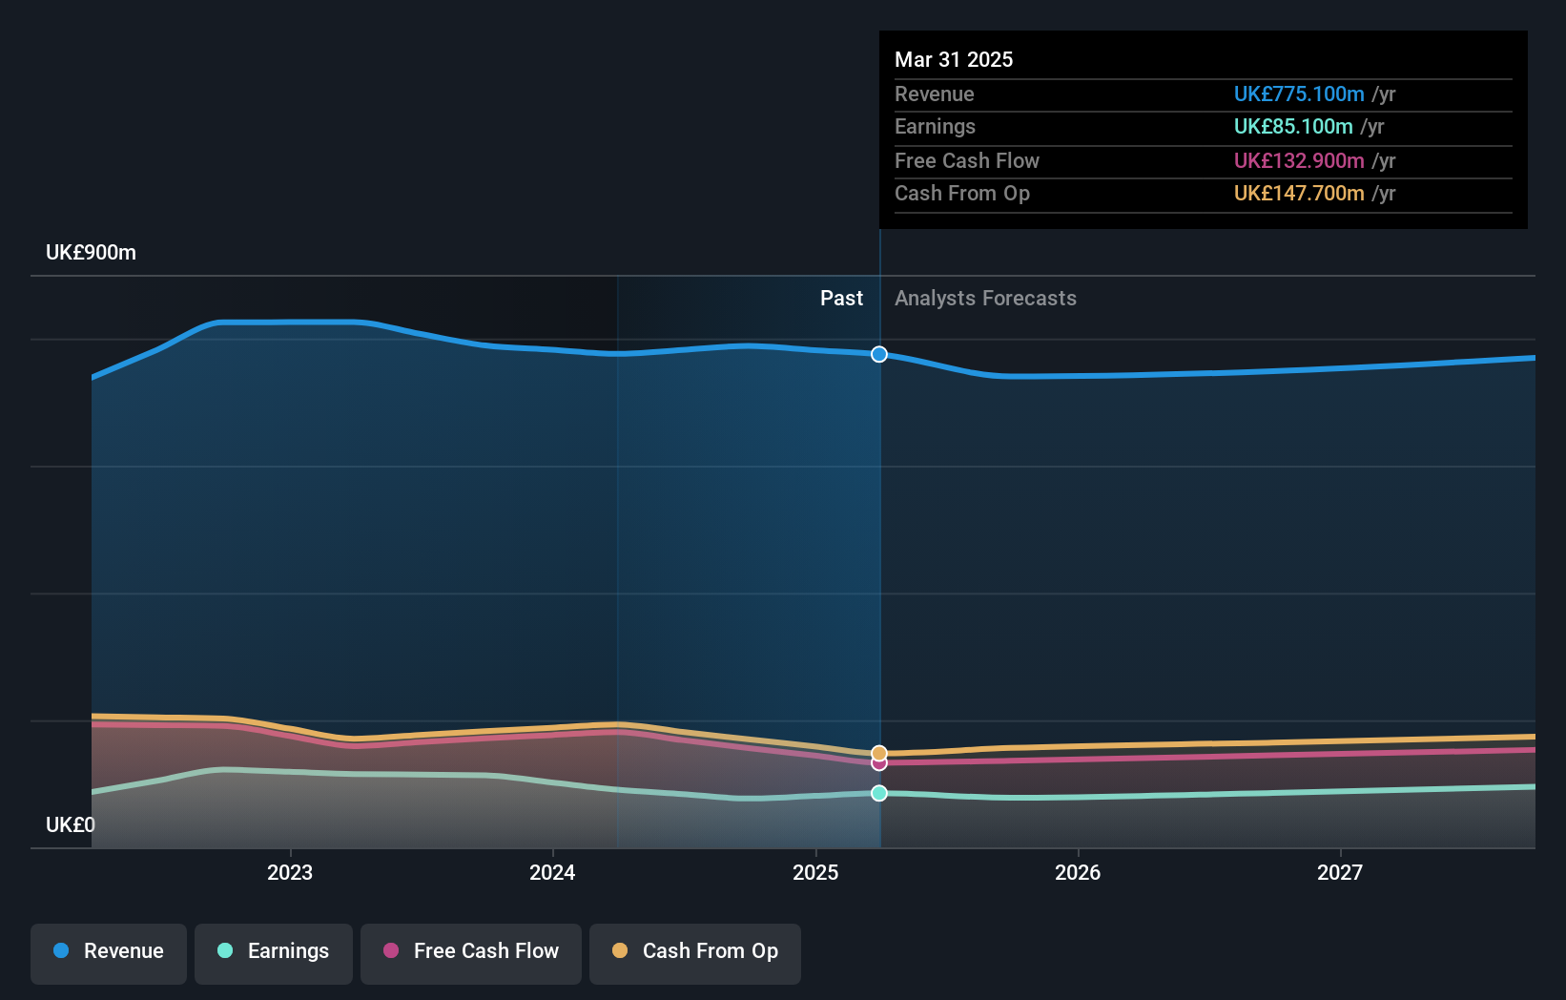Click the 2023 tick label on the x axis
click(289, 872)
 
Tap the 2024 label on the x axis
click(552, 872)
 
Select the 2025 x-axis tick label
click(815, 872)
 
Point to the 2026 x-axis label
click(1078, 872)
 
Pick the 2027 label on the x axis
click(1340, 872)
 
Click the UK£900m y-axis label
click(91, 253)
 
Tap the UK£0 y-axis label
click(70, 824)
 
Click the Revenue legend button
click(109, 951)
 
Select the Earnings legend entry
click(274, 951)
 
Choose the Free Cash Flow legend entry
click(471, 951)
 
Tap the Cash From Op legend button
click(695, 951)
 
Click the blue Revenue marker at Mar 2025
click(879, 354)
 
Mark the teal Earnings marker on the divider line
click(879, 793)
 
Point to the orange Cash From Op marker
click(879, 753)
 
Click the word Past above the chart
click(841, 299)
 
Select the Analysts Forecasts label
click(985, 299)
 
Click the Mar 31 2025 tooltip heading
click(954, 59)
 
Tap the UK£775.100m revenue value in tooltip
click(1298, 94)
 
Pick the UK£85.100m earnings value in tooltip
click(1292, 127)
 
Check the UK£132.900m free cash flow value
click(1298, 161)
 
